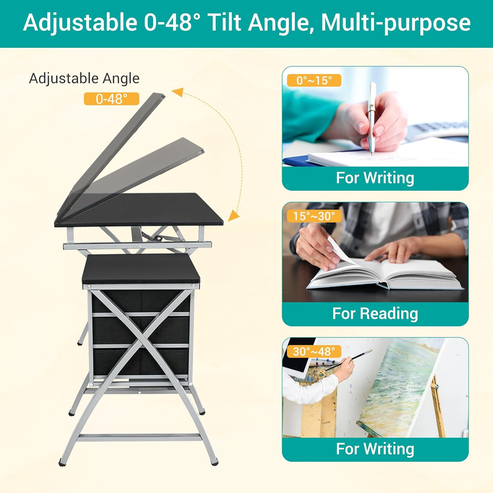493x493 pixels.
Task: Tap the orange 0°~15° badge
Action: click(311, 81)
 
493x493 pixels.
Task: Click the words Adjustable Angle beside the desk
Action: click(84, 79)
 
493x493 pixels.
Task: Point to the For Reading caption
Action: click(375, 313)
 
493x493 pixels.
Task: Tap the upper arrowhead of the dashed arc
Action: click(178, 92)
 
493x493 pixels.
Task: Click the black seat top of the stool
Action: click(140, 268)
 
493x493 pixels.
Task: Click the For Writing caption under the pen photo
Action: click(375, 178)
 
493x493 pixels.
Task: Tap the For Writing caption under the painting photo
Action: click(375, 448)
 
